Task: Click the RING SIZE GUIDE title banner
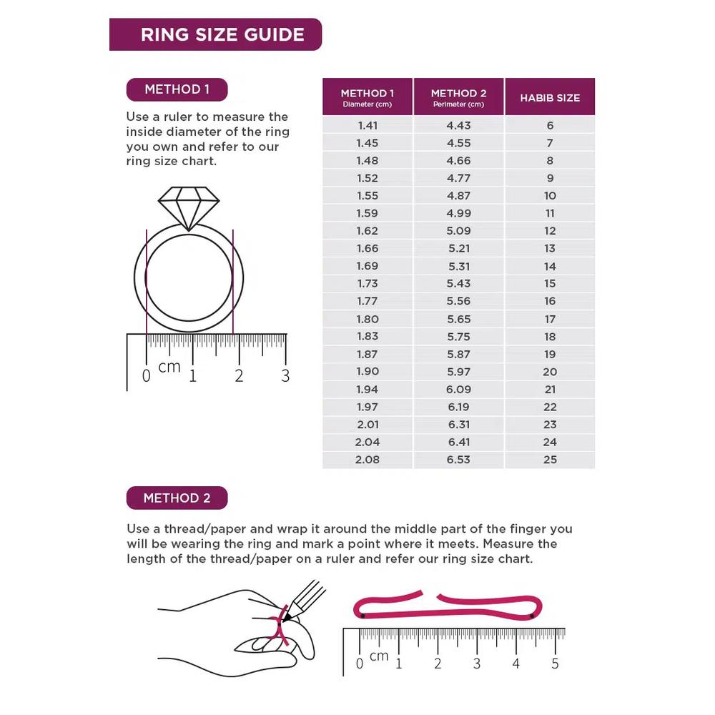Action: point(215,34)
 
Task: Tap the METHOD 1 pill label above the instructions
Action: point(177,89)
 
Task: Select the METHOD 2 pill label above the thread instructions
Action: point(177,498)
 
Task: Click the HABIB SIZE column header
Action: point(550,97)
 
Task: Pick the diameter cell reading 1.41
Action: point(368,125)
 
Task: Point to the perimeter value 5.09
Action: point(459,231)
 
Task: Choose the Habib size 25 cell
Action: point(550,460)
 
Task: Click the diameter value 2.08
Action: point(368,460)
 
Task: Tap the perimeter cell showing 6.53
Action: point(459,460)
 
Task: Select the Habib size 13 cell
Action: point(550,249)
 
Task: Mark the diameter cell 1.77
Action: point(368,301)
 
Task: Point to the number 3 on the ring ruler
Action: point(285,376)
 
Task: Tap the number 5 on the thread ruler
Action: point(555,664)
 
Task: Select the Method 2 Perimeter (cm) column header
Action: point(459,97)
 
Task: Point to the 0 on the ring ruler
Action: point(147,376)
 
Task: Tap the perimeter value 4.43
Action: point(459,125)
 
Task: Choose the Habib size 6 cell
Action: point(550,125)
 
